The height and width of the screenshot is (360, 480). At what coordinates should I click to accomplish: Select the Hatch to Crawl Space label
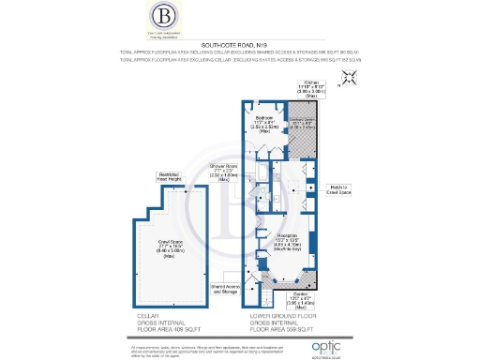pyautogui.click(x=339, y=190)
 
